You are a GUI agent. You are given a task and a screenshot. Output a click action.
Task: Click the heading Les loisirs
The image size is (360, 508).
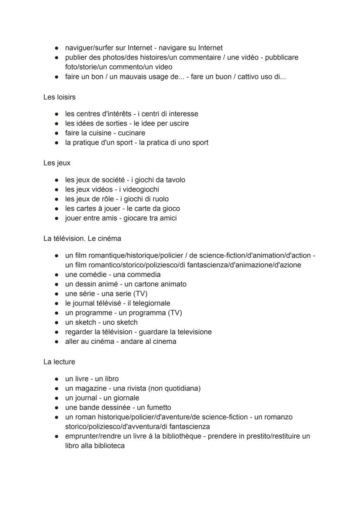59,97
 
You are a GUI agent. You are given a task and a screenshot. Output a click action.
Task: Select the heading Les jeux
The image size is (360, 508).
57,163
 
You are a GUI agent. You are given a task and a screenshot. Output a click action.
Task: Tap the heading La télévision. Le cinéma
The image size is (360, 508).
82,239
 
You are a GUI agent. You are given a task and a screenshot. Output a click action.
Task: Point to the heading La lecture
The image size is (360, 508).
59,362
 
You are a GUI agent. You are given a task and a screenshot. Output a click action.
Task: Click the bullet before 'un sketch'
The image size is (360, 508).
57,322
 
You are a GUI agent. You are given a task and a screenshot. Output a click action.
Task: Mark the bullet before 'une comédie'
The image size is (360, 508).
57,275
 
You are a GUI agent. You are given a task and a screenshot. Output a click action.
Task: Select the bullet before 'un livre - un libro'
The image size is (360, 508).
57,379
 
